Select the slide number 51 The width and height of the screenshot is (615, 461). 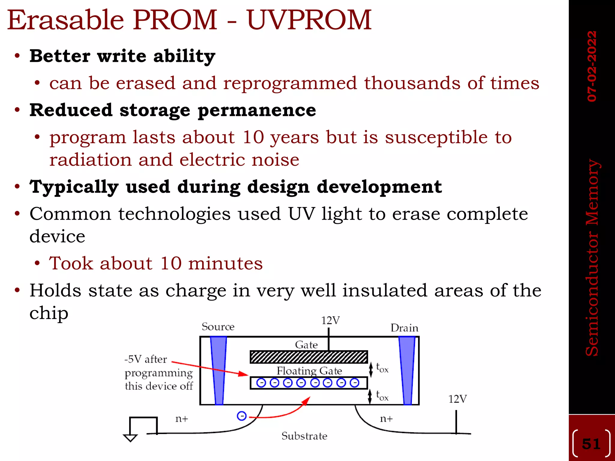pyautogui.click(x=591, y=444)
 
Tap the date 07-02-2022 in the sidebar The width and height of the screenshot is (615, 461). pyautogui.click(x=592, y=66)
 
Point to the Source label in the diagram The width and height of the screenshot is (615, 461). pyautogui.click(x=218, y=327)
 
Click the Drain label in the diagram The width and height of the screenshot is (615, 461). pyautogui.click(x=404, y=328)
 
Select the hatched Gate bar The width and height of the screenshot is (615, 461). pyautogui.click(x=309, y=357)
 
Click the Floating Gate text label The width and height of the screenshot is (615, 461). pyautogui.click(x=309, y=371)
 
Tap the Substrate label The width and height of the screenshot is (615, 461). pyautogui.click(x=304, y=436)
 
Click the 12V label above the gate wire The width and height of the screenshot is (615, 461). pyautogui.click(x=330, y=321)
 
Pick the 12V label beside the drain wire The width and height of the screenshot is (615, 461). pyautogui.click(x=457, y=399)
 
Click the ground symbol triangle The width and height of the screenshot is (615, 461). pyautogui.click(x=130, y=438)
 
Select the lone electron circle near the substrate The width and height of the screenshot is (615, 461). pyautogui.click(x=242, y=416)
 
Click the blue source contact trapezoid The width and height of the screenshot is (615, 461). pyautogui.click(x=219, y=371)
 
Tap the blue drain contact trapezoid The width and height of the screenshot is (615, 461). pyautogui.click(x=407, y=371)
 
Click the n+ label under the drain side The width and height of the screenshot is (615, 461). pyautogui.click(x=386, y=418)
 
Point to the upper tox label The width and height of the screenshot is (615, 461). pyautogui.click(x=382, y=368)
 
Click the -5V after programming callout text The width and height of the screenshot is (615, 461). pyautogui.click(x=159, y=372)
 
